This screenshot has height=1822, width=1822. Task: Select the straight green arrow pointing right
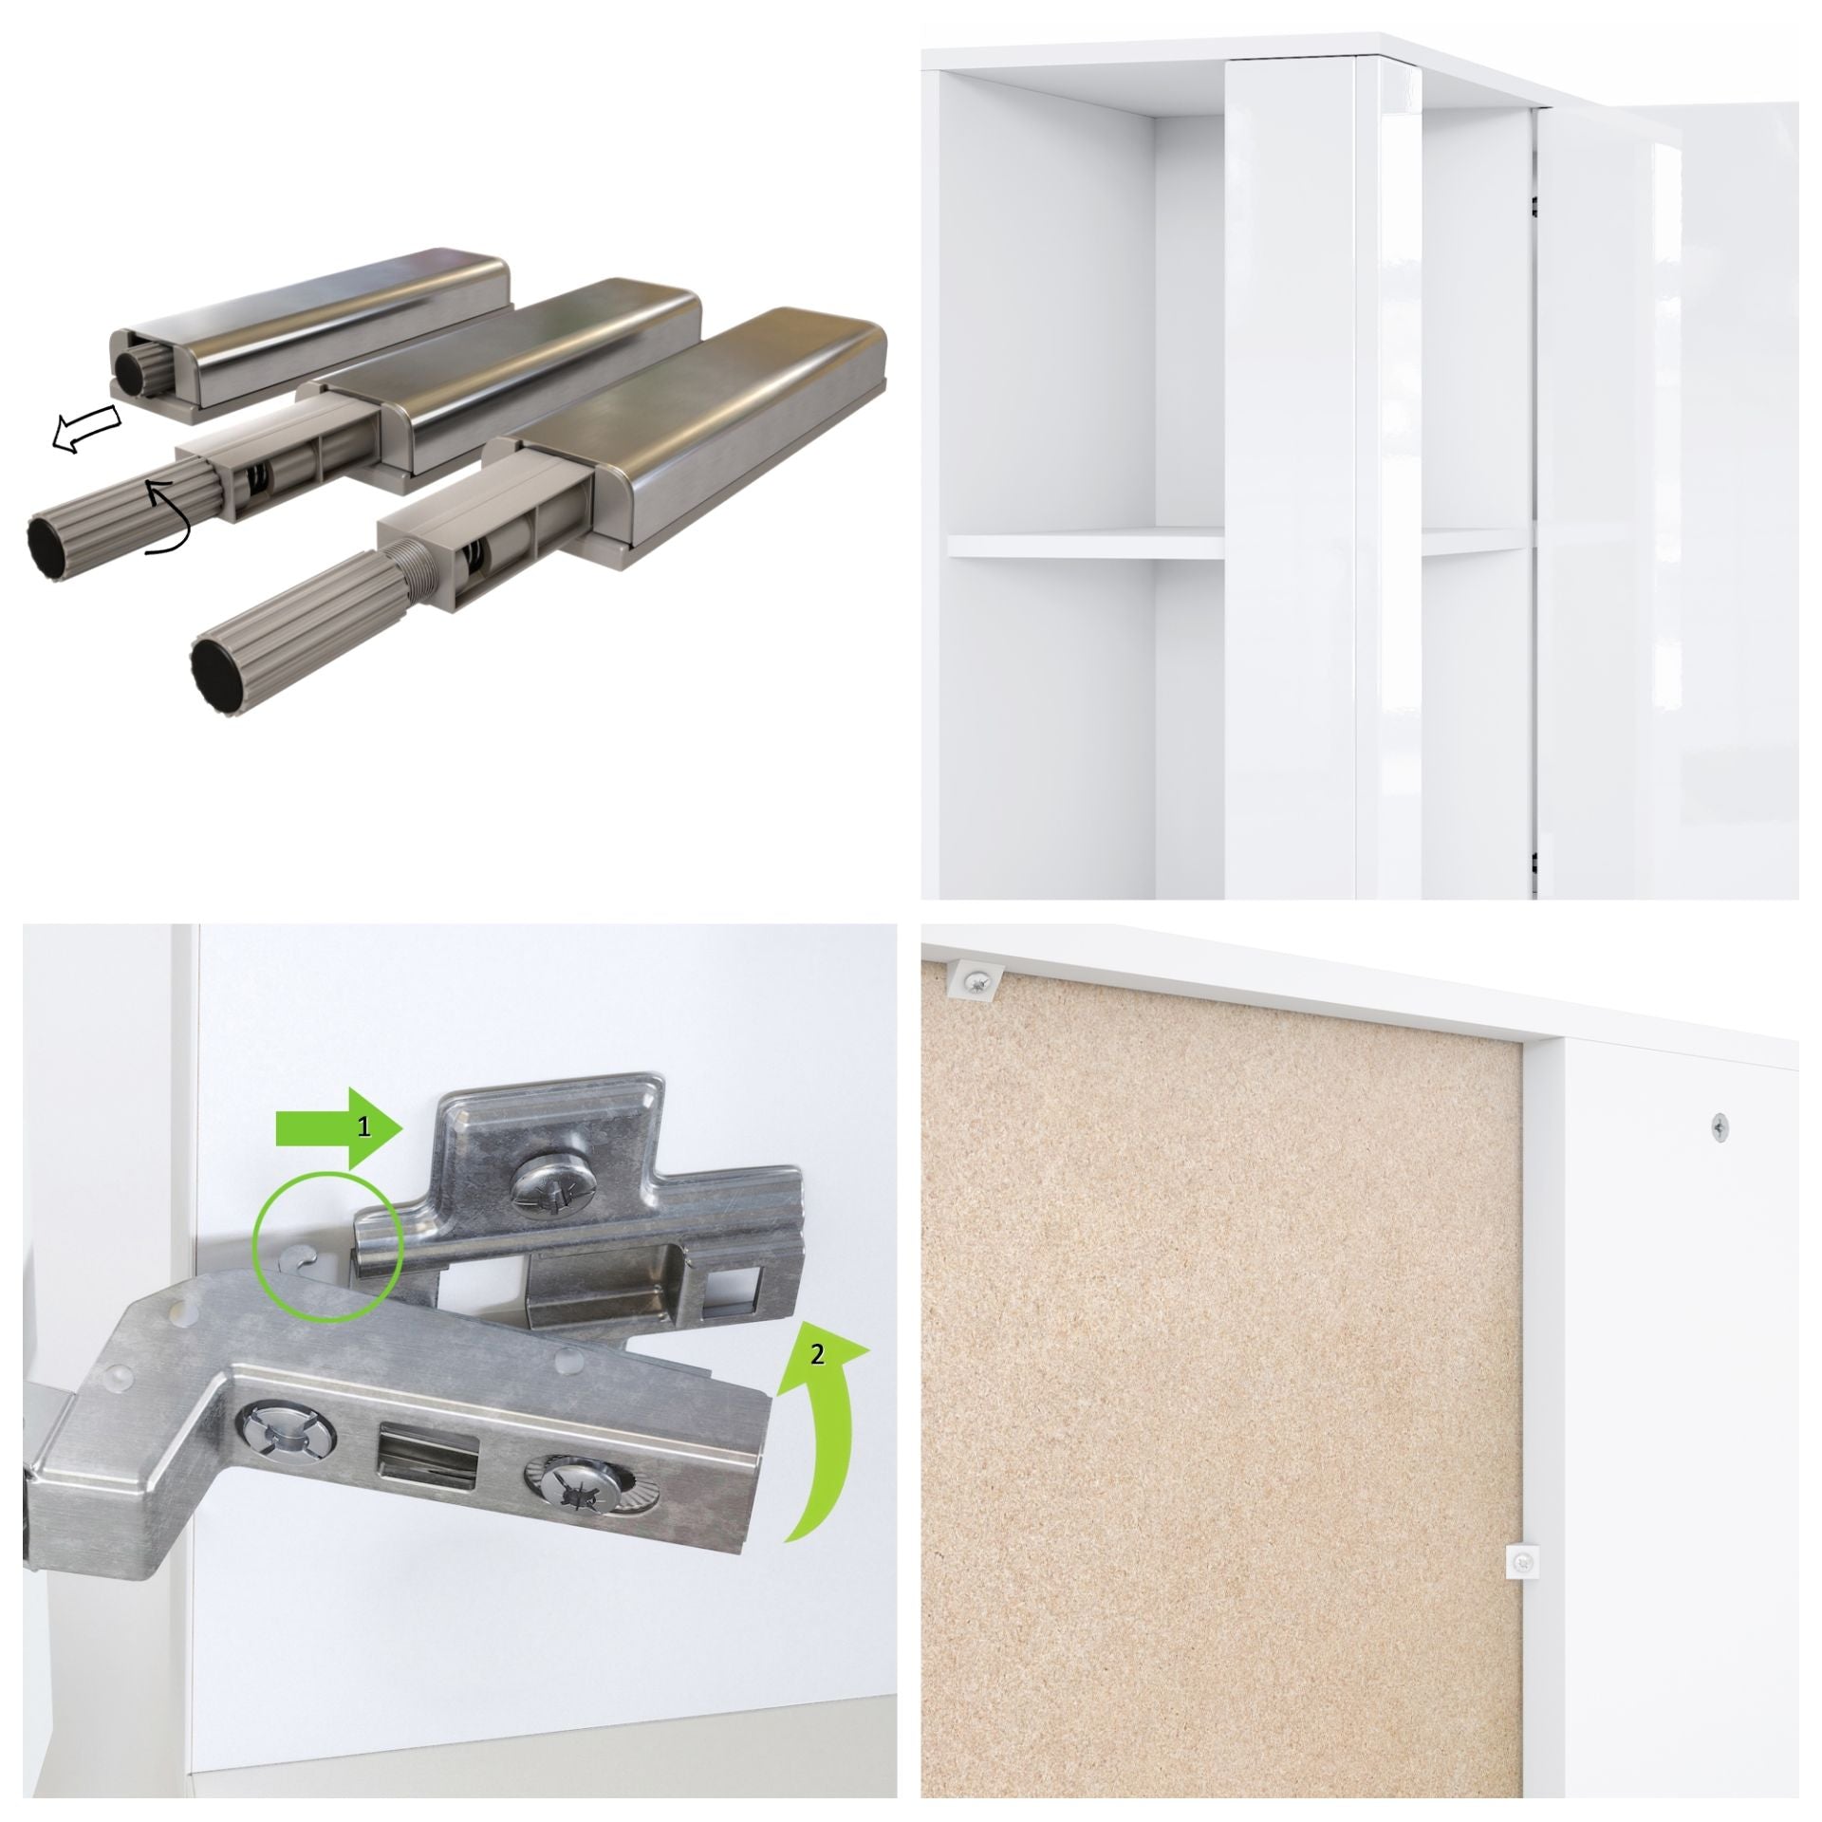[340, 1128]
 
